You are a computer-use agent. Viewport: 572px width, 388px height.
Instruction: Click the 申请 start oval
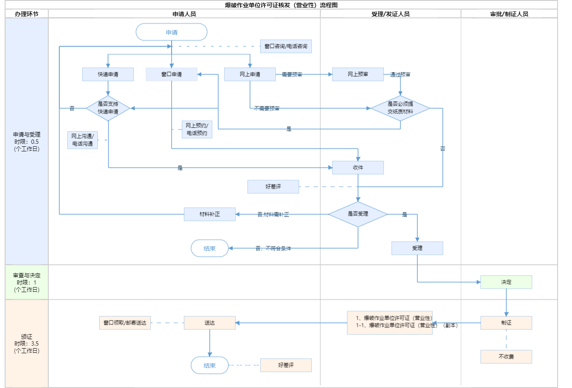click(x=171, y=32)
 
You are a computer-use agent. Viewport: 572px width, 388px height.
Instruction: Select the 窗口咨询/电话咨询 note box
click(x=286, y=46)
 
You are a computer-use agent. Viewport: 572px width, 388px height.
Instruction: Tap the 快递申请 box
click(x=108, y=74)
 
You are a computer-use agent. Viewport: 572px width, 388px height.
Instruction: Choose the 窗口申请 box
click(x=171, y=74)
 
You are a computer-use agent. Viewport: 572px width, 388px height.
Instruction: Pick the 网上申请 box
click(x=250, y=74)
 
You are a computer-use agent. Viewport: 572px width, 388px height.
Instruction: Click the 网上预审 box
click(x=358, y=74)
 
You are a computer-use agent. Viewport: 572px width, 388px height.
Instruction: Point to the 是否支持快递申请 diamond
click(x=108, y=108)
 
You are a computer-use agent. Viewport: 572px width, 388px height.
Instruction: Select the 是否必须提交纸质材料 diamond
click(x=400, y=108)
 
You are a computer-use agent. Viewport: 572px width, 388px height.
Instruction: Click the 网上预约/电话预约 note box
click(x=197, y=129)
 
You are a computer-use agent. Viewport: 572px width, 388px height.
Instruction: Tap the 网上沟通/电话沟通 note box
click(x=83, y=140)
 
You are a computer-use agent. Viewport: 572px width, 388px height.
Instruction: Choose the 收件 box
click(x=358, y=167)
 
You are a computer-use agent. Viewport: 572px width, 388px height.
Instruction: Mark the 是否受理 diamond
click(x=358, y=214)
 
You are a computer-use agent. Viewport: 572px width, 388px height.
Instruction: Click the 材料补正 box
click(x=210, y=214)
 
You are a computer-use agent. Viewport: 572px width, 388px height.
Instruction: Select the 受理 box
click(x=417, y=248)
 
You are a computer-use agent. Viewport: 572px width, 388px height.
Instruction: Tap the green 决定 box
click(x=506, y=282)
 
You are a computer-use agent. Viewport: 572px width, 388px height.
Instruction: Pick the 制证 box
click(x=506, y=323)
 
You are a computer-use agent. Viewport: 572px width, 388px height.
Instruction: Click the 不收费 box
click(x=506, y=357)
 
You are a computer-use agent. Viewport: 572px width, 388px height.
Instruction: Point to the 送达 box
click(x=210, y=323)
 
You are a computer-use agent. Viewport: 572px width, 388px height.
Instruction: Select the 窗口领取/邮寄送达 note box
click(x=125, y=323)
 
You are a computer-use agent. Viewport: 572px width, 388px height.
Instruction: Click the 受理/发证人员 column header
click(x=390, y=14)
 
